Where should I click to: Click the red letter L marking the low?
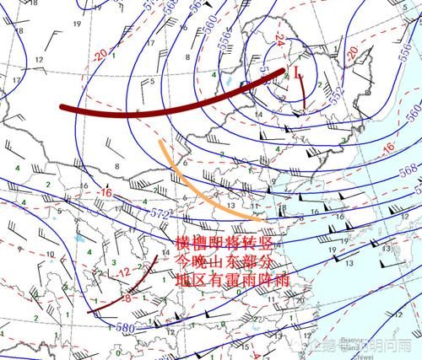pos(297,73)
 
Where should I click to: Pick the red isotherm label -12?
pos(123,271)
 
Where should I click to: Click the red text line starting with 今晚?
pos(221,260)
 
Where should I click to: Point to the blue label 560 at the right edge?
pos(413,111)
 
